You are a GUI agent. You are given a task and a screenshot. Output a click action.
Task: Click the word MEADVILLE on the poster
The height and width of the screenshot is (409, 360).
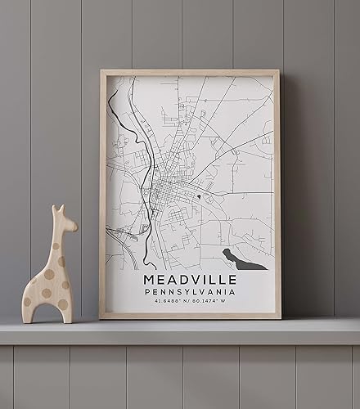[188, 281]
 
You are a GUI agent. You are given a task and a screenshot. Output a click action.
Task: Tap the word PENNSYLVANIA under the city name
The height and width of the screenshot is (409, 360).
[188, 292]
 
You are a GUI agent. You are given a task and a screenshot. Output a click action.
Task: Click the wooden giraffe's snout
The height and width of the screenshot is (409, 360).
[74, 223]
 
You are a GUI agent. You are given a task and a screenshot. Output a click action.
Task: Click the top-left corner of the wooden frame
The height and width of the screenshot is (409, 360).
[102, 72]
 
